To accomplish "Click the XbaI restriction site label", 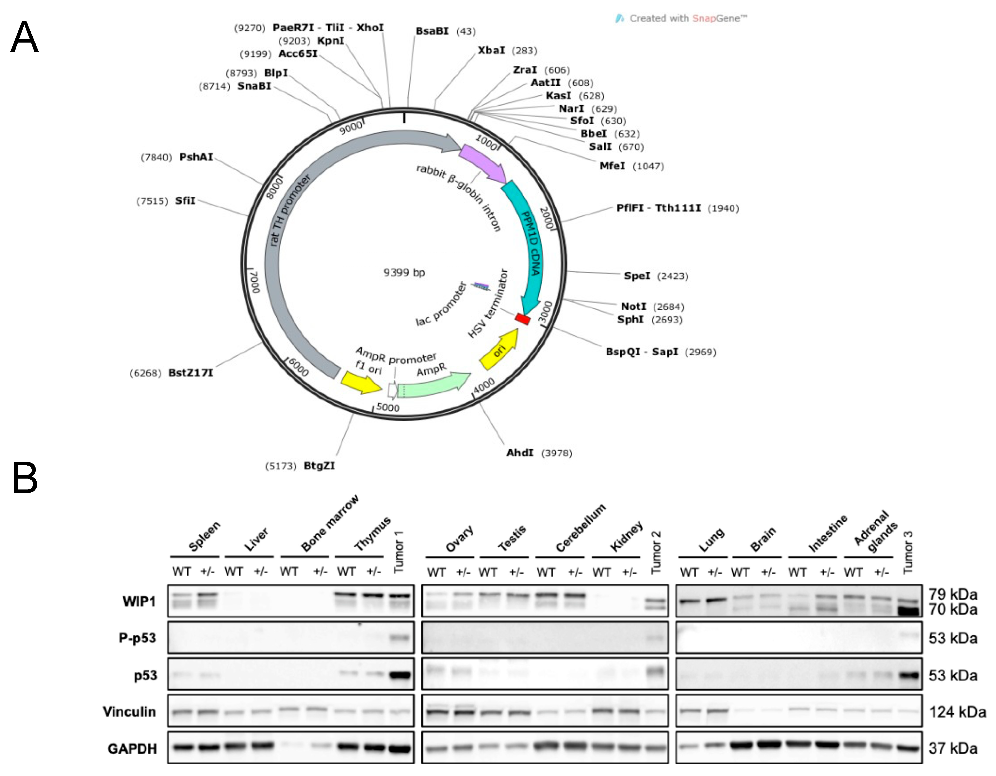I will coord(491,50).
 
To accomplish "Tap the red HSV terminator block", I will coord(523,319).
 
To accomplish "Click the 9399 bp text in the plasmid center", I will coord(404,273).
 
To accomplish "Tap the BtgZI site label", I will coord(319,466).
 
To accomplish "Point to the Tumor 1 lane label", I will coord(399,552).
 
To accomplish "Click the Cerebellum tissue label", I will coord(580,528).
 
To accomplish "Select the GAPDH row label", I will coord(132,749).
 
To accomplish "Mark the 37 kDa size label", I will coord(953,749).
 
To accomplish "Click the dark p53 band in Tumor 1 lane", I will coord(401,675).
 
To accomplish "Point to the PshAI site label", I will coord(196,157).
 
